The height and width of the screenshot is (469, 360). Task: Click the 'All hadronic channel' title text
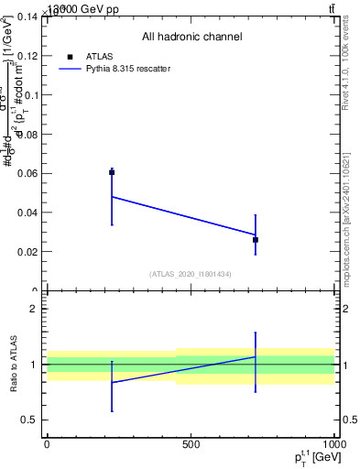click(x=191, y=37)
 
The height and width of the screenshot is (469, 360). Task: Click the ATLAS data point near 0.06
click(x=112, y=172)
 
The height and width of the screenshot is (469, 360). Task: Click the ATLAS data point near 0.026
click(x=256, y=239)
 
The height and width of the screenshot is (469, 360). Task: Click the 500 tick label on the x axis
click(x=191, y=445)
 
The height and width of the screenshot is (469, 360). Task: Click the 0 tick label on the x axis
click(x=47, y=445)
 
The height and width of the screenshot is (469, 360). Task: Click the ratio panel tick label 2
click(x=34, y=309)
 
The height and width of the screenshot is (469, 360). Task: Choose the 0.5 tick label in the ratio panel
click(x=29, y=420)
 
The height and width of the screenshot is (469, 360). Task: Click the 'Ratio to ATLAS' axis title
click(x=13, y=365)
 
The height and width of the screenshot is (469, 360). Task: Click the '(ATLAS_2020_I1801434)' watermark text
click(x=191, y=274)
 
